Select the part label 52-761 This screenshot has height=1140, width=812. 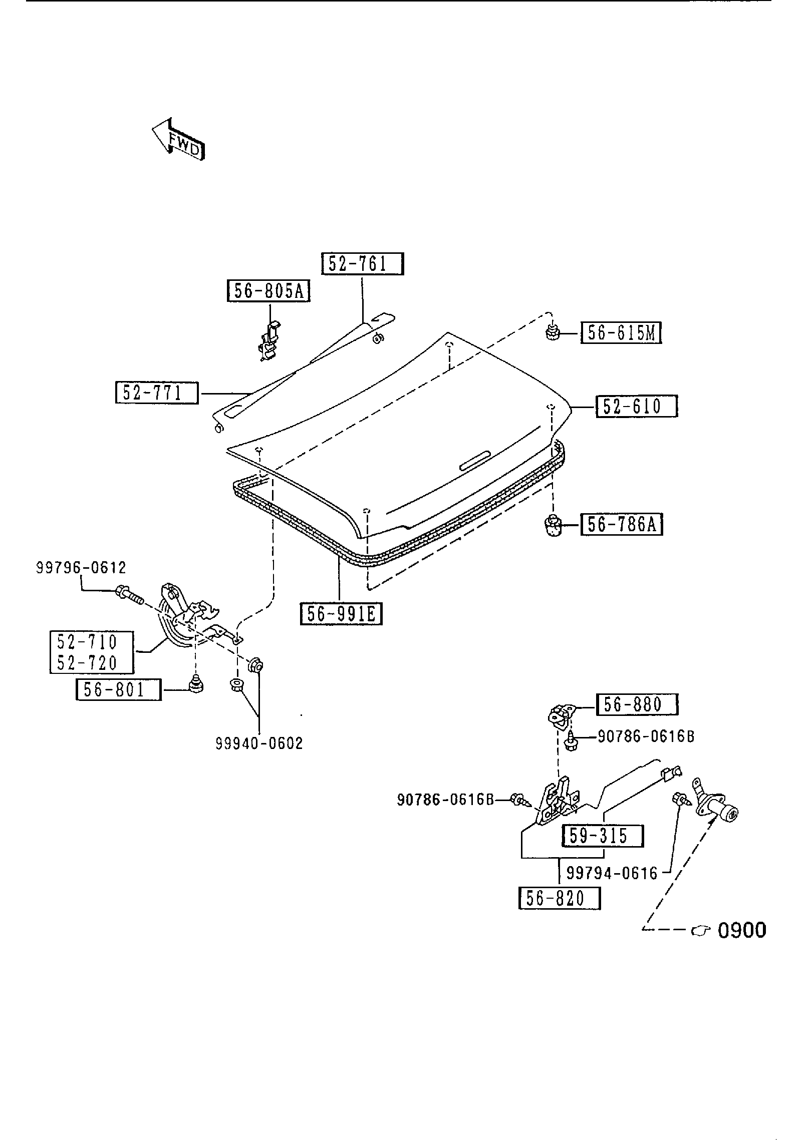pos(362,264)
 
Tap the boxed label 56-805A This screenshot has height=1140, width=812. pos(268,291)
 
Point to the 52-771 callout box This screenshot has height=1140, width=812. pos(156,393)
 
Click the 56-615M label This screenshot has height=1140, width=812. pos(621,333)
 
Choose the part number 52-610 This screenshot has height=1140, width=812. pos(636,406)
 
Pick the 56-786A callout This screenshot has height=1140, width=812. pos(622,525)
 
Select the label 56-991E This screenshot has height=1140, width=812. pos(341,614)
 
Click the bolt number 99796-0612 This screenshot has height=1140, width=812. pos(81,568)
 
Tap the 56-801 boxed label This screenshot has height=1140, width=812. pos(118,690)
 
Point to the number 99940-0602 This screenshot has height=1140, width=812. pos(259,743)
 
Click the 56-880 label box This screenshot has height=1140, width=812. pos(637,704)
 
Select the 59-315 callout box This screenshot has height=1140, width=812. pos(603,836)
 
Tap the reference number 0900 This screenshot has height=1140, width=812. pos(742,931)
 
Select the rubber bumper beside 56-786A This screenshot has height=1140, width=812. pos(552,526)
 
